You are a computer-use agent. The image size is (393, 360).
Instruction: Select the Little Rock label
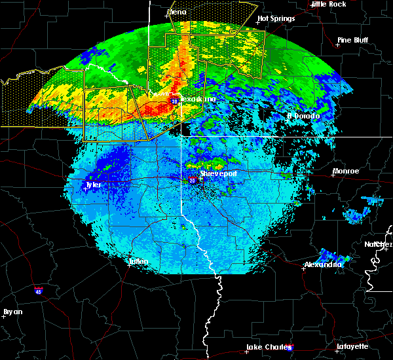(x=328, y=4)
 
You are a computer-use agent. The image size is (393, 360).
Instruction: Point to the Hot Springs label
(x=276, y=19)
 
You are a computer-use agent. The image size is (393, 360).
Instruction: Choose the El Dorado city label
(x=303, y=116)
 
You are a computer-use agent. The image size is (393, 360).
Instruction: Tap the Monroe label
(x=345, y=171)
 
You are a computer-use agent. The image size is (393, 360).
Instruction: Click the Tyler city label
(x=93, y=185)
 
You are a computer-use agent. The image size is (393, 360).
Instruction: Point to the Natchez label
(x=379, y=244)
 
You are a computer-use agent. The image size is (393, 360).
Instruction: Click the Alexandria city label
(x=323, y=264)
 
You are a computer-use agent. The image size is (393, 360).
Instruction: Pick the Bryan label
(x=12, y=312)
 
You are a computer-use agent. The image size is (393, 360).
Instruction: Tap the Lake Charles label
(x=265, y=347)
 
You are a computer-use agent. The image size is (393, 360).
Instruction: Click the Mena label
(x=177, y=12)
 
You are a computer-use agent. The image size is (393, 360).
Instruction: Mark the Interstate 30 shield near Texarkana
(x=174, y=101)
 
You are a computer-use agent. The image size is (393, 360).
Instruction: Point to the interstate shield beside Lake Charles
(x=290, y=348)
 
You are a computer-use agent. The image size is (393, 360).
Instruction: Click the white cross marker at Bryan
(x=3, y=316)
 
